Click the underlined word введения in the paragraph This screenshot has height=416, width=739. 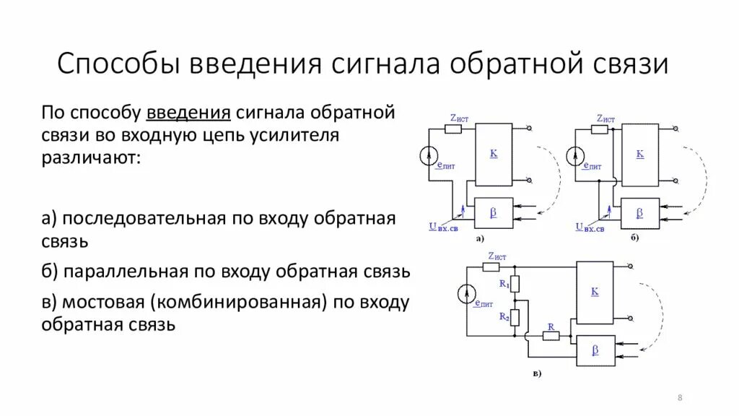(188, 113)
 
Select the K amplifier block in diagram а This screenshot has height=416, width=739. (494, 153)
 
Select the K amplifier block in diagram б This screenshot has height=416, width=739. (640, 155)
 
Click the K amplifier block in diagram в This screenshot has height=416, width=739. (595, 291)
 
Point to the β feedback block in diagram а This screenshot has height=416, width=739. (494, 212)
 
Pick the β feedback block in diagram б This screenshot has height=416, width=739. (639, 212)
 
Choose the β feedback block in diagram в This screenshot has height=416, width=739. (595, 350)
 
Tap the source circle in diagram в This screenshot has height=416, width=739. (467, 294)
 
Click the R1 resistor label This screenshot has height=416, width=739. (504, 285)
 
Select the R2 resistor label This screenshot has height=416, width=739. (504, 316)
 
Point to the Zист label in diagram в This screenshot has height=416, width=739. (497, 256)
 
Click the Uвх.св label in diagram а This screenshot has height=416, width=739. (443, 227)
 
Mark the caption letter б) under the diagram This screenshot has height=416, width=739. (634, 237)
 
